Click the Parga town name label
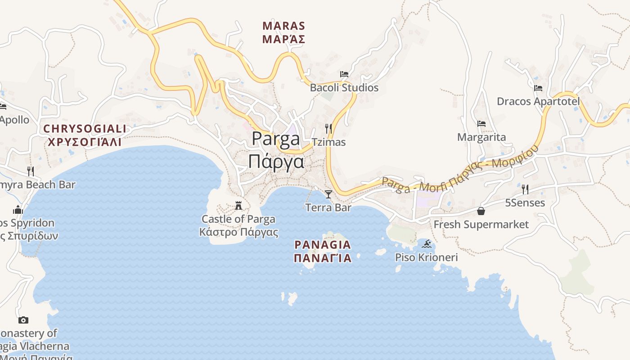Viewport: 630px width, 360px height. pyautogui.click(x=276, y=150)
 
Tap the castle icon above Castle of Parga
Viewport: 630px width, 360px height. pyautogui.click(x=238, y=206)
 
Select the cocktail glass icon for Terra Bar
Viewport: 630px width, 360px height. pyautogui.click(x=328, y=194)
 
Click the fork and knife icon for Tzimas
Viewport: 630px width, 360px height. pyautogui.click(x=328, y=128)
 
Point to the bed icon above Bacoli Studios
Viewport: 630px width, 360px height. pyautogui.click(x=344, y=74)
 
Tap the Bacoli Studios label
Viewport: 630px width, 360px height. pyautogui.click(x=344, y=88)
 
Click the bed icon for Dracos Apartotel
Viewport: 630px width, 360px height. pyautogui.click(x=538, y=88)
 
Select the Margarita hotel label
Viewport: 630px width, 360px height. pyautogui.click(x=481, y=137)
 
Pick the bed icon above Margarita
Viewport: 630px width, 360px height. pyautogui.click(x=481, y=123)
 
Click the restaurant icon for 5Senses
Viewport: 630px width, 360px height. pyautogui.click(x=525, y=189)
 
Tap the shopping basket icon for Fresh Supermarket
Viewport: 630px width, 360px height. pyautogui.click(x=481, y=211)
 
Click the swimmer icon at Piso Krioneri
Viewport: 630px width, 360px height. pyautogui.click(x=427, y=244)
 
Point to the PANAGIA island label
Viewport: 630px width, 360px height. pyautogui.click(x=322, y=251)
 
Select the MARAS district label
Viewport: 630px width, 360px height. pyautogui.click(x=283, y=32)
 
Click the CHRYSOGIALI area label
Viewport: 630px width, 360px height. pyautogui.click(x=85, y=135)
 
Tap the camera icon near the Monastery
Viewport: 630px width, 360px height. pyautogui.click(x=23, y=320)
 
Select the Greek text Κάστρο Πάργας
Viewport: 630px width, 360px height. pyautogui.click(x=238, y=232)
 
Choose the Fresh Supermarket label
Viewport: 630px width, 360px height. pyautogui.click(x=481, y=224)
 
